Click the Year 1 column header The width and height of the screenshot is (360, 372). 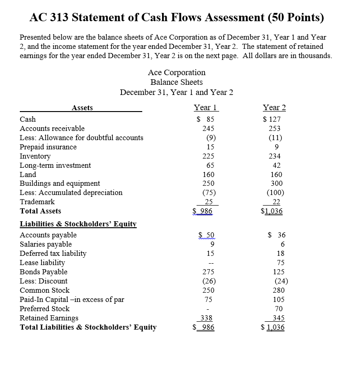[x=205, y=107]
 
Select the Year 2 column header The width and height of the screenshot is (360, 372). [x=274, y=107]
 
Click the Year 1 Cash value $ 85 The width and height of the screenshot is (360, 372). [x=206, y=119]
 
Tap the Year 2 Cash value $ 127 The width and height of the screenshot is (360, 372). [x=274, y=119]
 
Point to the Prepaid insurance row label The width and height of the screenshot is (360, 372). [x=48, y=147]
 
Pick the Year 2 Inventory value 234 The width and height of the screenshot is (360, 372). [x=276, y=156]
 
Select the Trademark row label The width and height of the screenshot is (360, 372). [x=37, y=202]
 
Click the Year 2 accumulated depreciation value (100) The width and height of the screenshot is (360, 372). [x=276, y=193]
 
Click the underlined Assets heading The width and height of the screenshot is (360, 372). [x=82, y=108]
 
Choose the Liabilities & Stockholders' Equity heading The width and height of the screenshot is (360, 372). [x=78, y=224]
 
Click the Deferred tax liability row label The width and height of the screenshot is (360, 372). [x=53, y=254]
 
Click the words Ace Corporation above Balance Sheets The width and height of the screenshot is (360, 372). [x=176, y=72]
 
